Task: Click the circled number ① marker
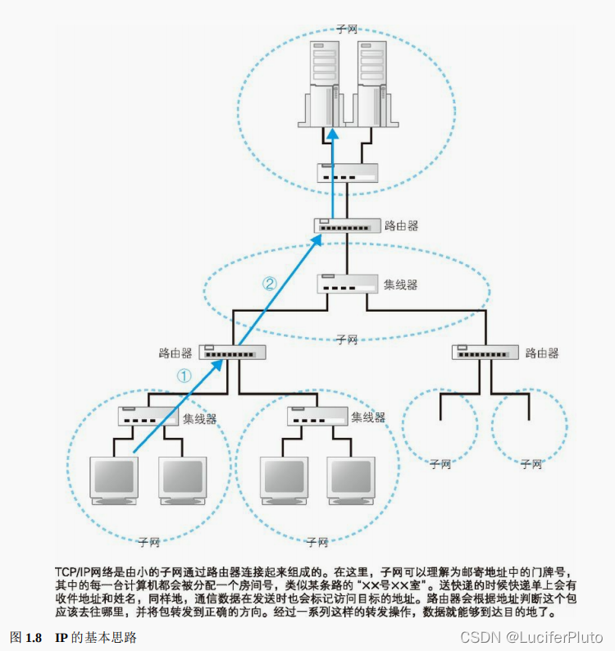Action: pyautogui.click(x=184, y=376)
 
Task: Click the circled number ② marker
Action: pyautogui.click(x=270, y=284)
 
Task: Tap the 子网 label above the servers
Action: pyautogui.click(x=348, y=29)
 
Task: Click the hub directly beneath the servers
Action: pyautogui.click(x=348, y=173)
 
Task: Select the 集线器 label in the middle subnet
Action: pyautogui.click(x=400, y=285)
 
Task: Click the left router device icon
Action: pyautogui.click(x=234, y=353)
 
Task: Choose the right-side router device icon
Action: pyautogui.click(x=485, y=353)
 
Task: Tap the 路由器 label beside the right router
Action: pyautogui.click(x=541, y=353)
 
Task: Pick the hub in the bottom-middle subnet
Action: pyautogui.click(x=318, y=417)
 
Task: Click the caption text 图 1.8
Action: pyautogui.click(x=25, y=637)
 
